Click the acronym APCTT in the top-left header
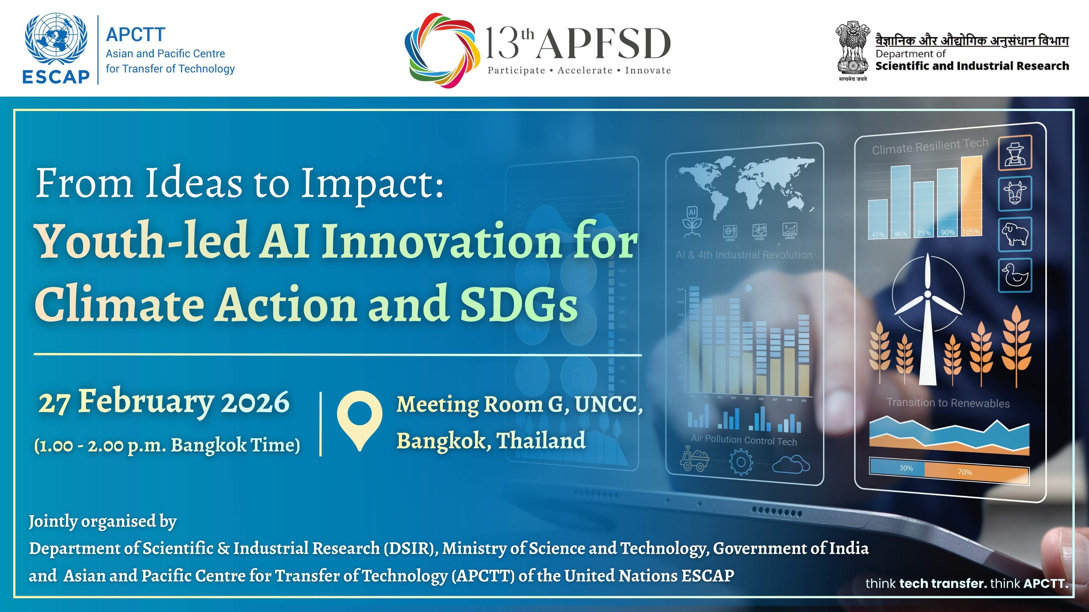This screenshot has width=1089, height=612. point(135,35)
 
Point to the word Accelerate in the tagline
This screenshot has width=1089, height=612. point(585,71)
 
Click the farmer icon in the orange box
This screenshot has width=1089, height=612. point(1015,153)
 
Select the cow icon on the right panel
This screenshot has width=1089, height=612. point(1015,194)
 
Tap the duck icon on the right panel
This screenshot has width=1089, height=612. point(1015,275)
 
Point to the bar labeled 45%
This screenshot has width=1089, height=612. point(878,218)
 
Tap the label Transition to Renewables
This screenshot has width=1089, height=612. point(948,403)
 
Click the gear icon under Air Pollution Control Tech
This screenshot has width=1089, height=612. point(741,462)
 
